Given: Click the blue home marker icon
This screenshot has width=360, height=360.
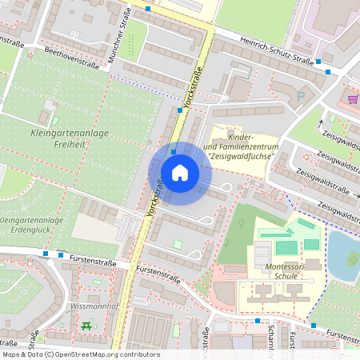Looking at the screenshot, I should click(180, 173).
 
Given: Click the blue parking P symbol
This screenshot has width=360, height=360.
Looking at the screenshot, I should click(301, 97).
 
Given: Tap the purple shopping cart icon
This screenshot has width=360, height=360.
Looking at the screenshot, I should click(353, 99).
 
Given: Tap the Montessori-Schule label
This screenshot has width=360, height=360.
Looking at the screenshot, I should click(279, 269).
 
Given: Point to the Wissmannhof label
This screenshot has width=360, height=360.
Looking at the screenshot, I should click(94, 306).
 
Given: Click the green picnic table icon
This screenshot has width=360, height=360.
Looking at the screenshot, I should click(86, 325).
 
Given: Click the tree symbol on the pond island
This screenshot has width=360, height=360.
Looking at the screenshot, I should click(352, 259).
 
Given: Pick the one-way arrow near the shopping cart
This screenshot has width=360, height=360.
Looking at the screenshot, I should click(332, 121).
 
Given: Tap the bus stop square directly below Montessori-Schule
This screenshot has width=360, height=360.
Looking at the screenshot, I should click(257, 321).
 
